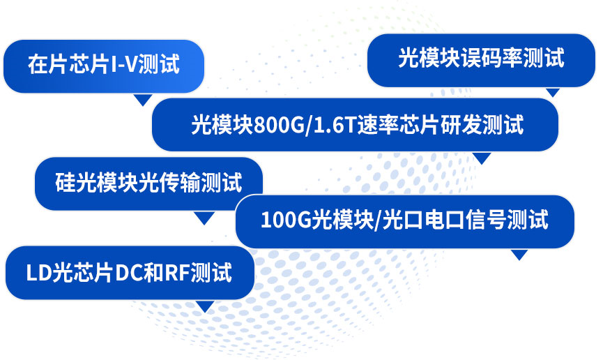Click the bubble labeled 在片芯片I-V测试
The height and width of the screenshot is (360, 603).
point(104,66)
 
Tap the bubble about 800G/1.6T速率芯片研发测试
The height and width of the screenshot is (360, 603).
point(356,125)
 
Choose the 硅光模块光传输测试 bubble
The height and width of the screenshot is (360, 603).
point(148,183)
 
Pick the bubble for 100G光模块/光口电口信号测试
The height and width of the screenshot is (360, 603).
point(404,220)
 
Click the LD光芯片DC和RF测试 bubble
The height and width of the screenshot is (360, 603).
point(129,272)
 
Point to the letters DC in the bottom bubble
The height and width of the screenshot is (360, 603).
point(130,273)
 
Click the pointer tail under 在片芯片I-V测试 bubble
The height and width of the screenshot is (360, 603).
point(143,100)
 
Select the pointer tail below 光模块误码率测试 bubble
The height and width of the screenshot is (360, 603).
point(553,91)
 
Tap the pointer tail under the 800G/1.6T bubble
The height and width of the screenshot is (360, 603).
point(482,158)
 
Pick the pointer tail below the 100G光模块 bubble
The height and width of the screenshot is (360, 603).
point(519,255)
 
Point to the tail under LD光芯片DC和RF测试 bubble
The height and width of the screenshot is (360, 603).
point(204,306)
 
